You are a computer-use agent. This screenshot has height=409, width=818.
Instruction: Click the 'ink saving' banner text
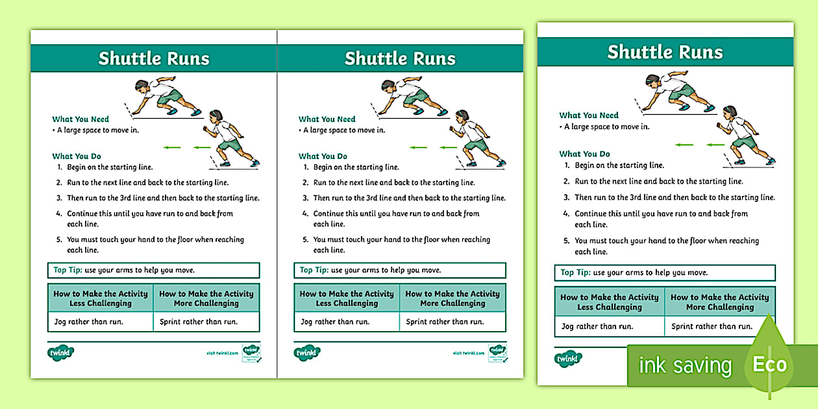[685, 366]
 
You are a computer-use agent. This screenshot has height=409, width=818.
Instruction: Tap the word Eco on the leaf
[769, 364]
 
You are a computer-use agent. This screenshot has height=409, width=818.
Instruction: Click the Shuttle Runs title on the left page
[154, 58]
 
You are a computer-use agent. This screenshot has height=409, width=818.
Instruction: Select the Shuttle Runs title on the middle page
[400, 58]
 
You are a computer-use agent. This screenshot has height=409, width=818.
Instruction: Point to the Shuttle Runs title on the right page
[665, 52]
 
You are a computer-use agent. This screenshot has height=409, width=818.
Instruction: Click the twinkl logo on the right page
[569, 358]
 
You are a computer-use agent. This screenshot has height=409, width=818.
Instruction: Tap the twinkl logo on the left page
[61, 353]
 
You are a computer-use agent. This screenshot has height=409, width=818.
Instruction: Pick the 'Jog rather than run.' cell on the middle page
[335, 321]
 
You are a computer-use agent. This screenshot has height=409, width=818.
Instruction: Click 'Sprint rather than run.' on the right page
[712, 327]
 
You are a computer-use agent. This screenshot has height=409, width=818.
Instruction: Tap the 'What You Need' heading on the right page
[589, 116]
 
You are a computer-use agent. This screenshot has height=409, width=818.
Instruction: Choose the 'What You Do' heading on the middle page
[323, 156]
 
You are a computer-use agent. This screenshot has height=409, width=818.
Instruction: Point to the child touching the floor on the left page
[166, 96]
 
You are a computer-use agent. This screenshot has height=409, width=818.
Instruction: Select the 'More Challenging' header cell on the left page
[206, 298]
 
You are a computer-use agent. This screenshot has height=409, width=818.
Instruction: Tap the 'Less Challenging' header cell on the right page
[610, 302]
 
